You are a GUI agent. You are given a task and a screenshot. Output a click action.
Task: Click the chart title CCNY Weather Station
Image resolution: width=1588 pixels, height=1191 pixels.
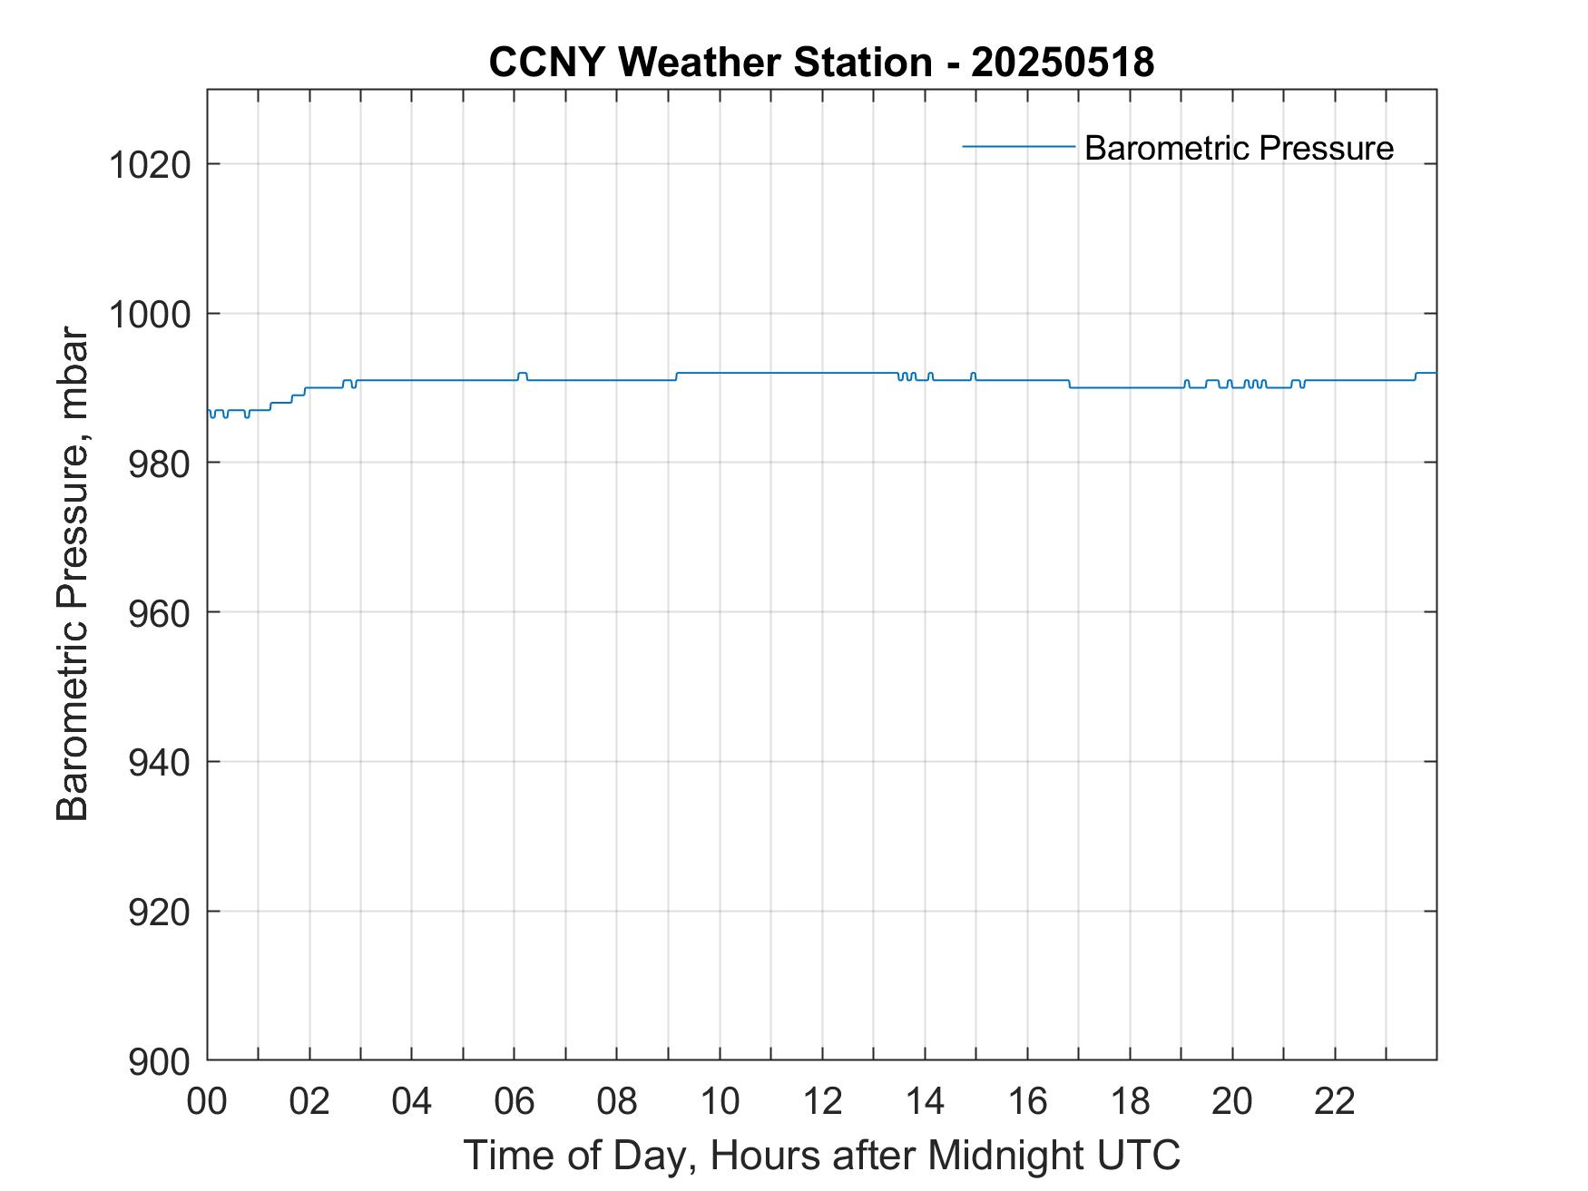click(x=710, y=63)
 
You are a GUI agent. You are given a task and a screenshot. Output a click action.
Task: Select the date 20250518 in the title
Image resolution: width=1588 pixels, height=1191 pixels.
click(x=1063, y=63)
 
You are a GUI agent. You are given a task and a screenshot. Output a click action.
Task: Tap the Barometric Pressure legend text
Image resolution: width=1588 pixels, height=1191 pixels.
click(x=1239, y=148)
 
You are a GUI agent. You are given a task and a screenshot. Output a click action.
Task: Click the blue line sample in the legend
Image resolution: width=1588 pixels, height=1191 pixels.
click(x=1018, y=146)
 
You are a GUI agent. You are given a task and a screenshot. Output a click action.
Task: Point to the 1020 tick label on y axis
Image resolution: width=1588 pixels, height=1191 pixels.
click(x=150, y=165)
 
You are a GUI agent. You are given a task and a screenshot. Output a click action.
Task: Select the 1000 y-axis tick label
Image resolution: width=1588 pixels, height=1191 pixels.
click(x=150, y=314)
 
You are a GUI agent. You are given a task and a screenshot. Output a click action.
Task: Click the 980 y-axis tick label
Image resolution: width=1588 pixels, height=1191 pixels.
click(x=159, y=464)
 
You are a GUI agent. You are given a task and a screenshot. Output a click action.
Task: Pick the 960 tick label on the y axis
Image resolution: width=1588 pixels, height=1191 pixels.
click(x=159, y=613)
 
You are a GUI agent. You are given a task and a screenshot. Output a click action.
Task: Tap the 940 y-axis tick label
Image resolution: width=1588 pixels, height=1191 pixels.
click(x=159, y=762)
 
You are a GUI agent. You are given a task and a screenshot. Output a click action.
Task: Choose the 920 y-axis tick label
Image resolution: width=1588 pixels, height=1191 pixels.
click(x=159, y=912)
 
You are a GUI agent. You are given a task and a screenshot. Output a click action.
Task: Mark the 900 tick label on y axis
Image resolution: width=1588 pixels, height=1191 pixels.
click(x=159, y=1061)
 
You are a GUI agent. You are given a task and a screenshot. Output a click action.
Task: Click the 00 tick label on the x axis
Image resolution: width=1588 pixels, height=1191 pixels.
click(x=207, y=1102)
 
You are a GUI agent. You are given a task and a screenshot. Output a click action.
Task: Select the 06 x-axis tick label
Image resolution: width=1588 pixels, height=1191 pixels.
click(x=515, y=1102)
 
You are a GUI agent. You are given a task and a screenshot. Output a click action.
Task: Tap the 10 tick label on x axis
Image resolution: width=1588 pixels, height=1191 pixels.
click(x=720, y=1102)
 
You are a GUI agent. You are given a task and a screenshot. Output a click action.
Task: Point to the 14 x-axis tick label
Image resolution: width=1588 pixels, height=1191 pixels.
click(x=925, y=1102)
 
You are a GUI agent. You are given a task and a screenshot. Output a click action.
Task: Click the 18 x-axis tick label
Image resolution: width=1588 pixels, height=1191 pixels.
click(x=1130, y=1102)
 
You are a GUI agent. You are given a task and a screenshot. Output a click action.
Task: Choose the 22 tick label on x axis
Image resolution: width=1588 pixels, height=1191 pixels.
click(x=1335, y=1102)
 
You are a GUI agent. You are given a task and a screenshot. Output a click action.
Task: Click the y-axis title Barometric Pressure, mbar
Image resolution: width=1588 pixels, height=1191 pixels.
click(x=73, y=574)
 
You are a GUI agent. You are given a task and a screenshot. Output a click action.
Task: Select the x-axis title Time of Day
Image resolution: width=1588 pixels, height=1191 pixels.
click(x=821, y=1155)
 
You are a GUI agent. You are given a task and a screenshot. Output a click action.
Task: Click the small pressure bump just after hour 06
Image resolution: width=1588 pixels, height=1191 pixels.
click(x=522, y=373)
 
